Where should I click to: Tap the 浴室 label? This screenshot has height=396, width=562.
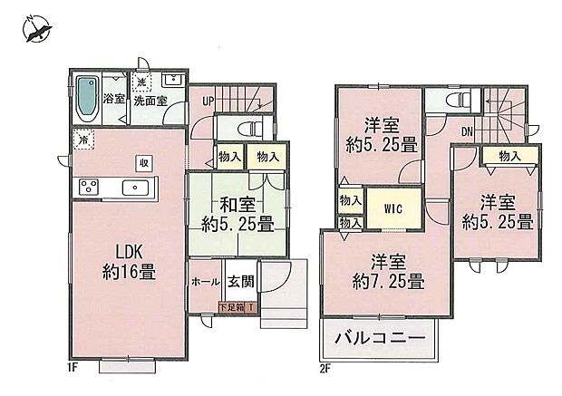(114, 98)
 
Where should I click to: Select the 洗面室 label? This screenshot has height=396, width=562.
(150, 100)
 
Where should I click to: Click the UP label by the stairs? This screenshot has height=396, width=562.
(208, 100)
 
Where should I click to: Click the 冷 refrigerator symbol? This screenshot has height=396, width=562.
(83, 140)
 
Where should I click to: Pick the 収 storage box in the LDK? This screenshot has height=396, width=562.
(143, 162)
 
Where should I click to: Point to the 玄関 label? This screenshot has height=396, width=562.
(240, 282)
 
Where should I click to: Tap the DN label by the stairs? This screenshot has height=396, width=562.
(467, 131)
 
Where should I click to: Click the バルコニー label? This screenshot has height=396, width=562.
(378, 341)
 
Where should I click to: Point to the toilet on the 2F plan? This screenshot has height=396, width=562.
(457, 99)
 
